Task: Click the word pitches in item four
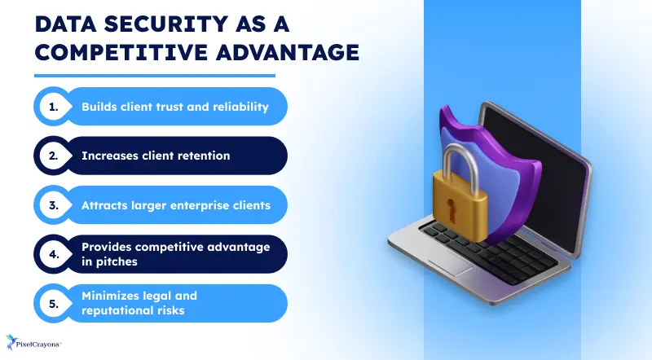[x=116, y=261]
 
